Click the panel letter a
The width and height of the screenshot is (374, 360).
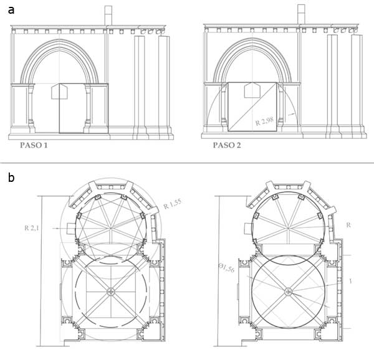(x=11, y=11)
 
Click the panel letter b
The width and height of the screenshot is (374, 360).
(x=11, y=178)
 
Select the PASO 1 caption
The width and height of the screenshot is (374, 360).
(x=34, y=145)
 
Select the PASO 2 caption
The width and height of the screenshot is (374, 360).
(x=227, y=145)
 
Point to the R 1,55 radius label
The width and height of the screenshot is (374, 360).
(x=173, y=204)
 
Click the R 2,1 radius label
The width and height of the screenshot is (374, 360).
(x=31, y=228)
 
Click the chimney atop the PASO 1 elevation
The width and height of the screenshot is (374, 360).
(x=108, y=15)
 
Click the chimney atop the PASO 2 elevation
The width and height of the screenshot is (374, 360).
(x=301, y=14)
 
